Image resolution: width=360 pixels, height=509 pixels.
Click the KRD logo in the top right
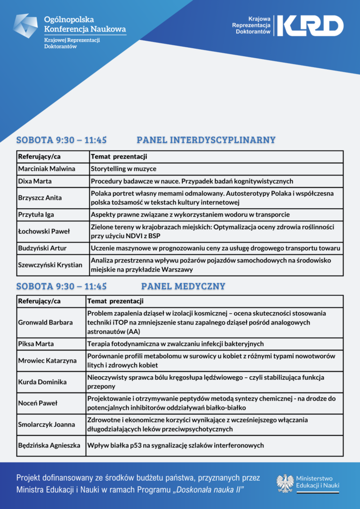click(x=310, y=25)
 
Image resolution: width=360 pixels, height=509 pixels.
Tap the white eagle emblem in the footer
click(x=285, y=483)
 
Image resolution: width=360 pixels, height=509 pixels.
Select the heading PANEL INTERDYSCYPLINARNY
click(x=206, y=140)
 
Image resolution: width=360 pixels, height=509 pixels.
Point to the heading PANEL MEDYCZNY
click(x=183, y=286)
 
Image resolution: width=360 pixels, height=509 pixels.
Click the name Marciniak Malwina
click(x=47, y=169)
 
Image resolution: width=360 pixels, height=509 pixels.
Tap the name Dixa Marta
click(x=34, y=181)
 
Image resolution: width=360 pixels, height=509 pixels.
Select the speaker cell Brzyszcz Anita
click(x=40, y=198)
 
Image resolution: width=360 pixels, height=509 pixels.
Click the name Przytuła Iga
click(x=36, y=215)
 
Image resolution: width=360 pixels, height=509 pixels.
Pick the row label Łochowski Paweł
click(x=44, y=231)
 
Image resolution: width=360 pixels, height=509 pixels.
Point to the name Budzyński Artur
click(x=42, y=248)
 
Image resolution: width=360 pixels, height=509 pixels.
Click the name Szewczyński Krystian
click(x=50, y=265)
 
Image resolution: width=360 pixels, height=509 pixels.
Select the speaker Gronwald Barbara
click(x=45, y=323)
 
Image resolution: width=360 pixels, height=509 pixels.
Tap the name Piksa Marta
click(x=36, y=344)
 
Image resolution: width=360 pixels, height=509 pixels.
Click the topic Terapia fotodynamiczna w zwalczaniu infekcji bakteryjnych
click(x=175, y=344)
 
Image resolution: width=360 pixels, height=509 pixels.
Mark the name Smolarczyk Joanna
click(x=46, y=424)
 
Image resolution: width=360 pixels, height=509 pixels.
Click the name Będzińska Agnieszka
click(x=49, y=445)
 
